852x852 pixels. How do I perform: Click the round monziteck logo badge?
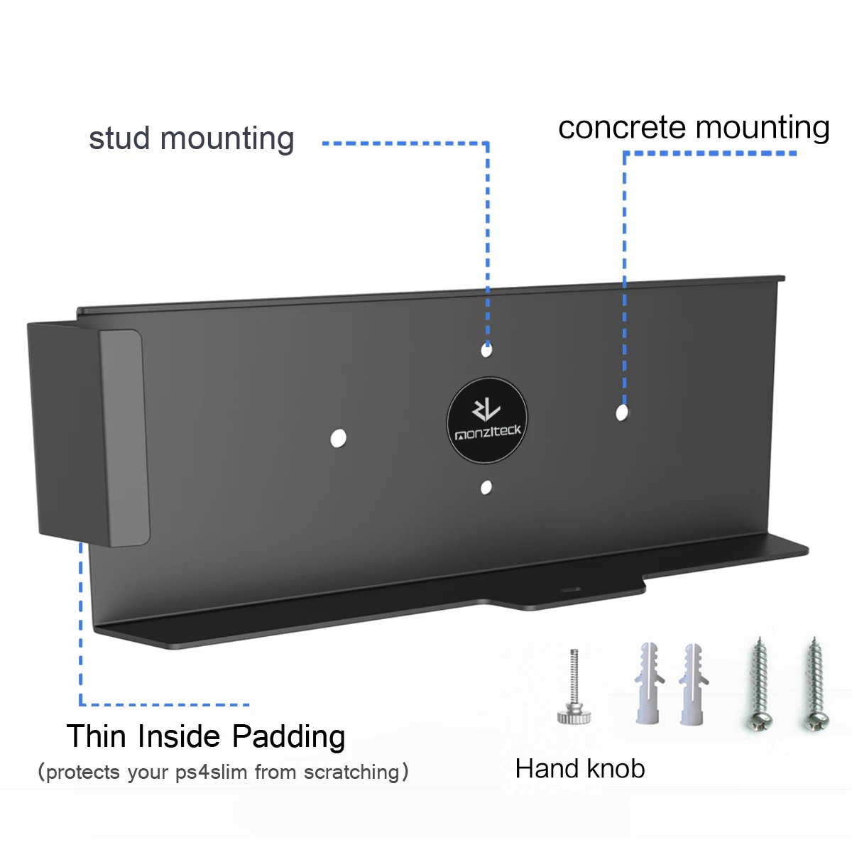[x=487, y=421]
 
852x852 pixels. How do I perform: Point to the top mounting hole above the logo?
[x=486, y=349]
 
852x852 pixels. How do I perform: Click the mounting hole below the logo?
[x=486, y=488]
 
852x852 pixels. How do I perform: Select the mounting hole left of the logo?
[x=339, y=438]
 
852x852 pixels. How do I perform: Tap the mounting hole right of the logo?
[x=622, y=412]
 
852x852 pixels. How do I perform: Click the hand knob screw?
[x=574, y=689]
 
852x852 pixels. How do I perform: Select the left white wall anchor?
[x=648, y=684]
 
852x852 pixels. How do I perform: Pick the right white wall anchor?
[x=692, y=684]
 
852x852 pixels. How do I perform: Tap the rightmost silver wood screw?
[x=814, y=685]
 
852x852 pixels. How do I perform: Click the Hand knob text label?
[x=580, y=769]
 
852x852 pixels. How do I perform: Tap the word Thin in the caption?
[x=97, y=737]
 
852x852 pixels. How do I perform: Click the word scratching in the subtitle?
[x=351, y=772]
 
